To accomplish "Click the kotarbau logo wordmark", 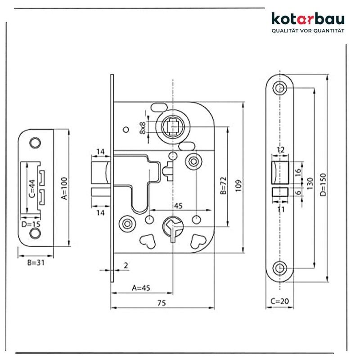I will click(308, 19).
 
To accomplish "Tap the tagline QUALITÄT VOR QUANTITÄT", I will click(308, 31).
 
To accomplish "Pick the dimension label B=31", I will click(32, 262).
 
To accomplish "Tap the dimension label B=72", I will click(223, 185).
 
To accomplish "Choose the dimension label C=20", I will click(280, 301).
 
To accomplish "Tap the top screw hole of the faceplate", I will click(281, 88).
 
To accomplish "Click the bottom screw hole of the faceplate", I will click(281, 268).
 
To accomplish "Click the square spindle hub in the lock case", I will click(173, 127).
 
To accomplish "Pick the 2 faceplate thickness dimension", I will click(126, 265).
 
